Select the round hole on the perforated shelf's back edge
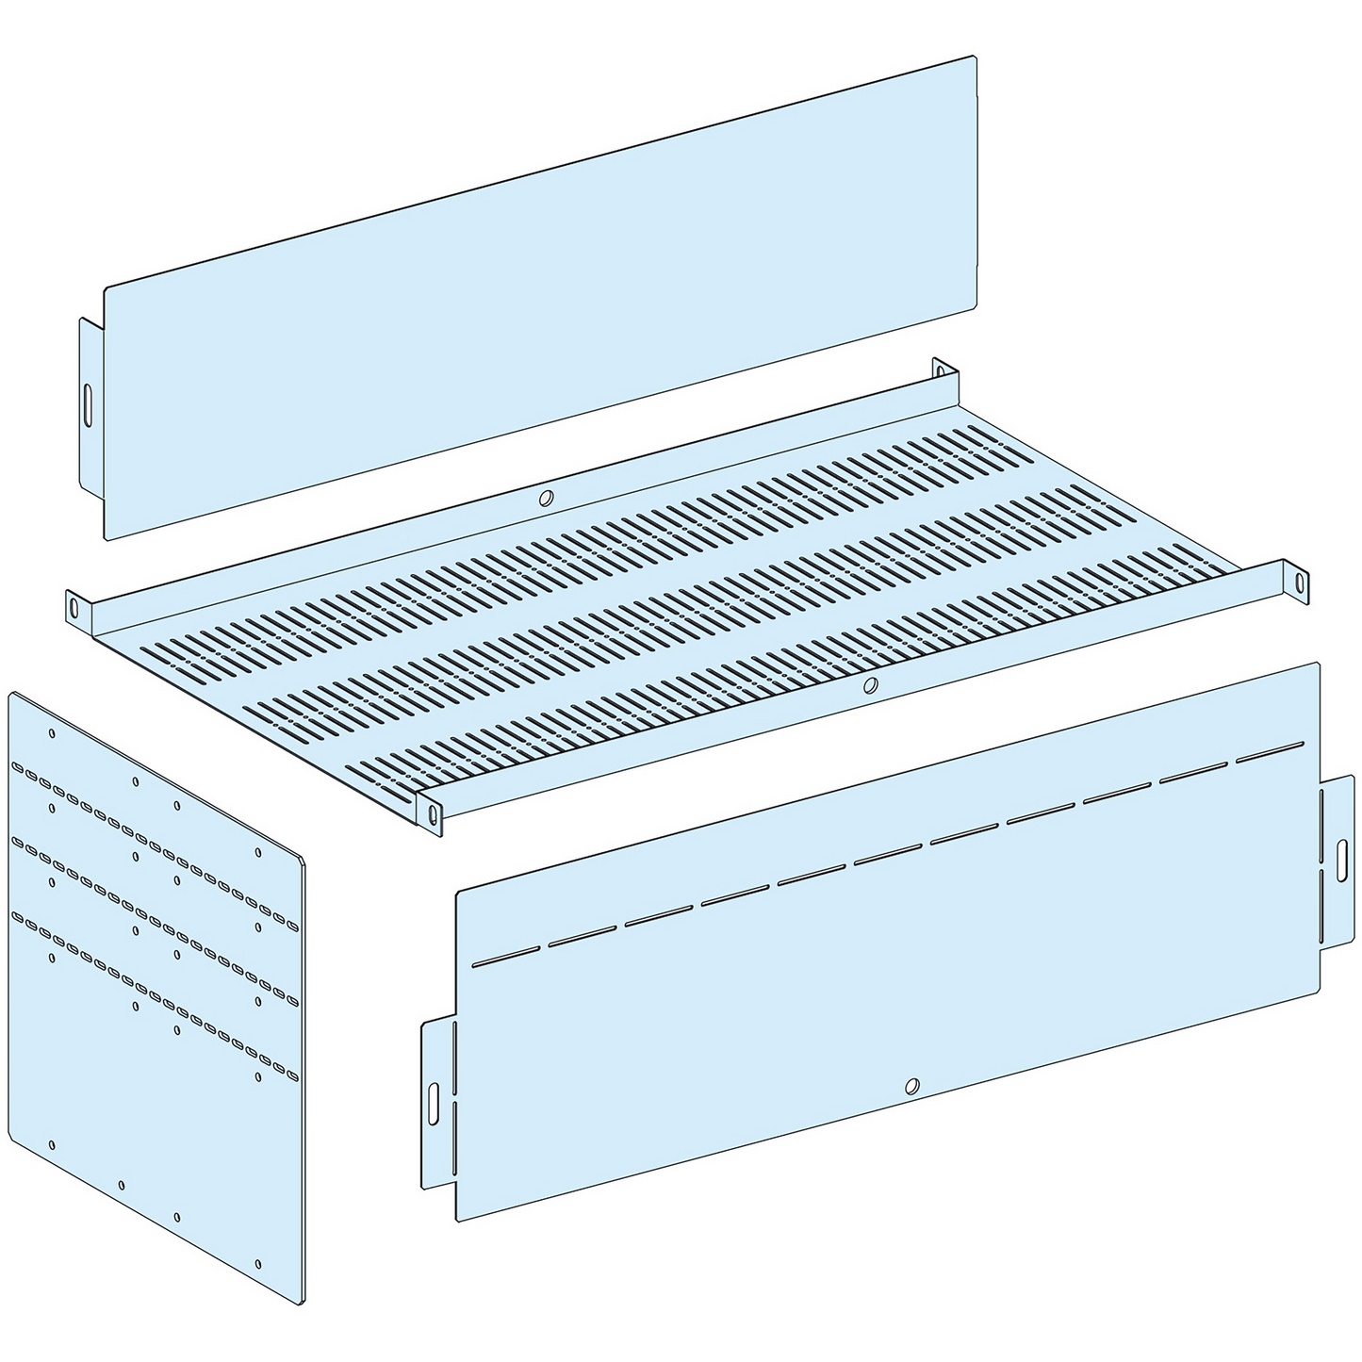(x=544, y=500)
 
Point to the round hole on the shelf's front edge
(x=872, y=684)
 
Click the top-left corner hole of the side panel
(x=52, y=732)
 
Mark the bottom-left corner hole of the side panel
(x=52, y=1145)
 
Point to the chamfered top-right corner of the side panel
(x=300, y=859)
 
